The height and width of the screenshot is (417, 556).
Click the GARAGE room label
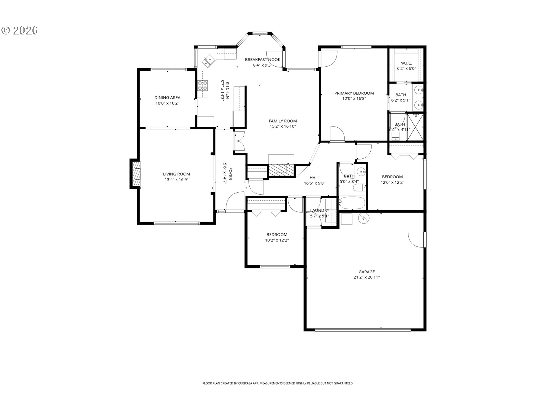tap(367, 272)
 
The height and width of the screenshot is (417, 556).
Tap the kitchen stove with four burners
tap(203, 85)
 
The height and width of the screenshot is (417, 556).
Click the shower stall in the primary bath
tap(415, 127)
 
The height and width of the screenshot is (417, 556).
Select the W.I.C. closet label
tap(406, 63)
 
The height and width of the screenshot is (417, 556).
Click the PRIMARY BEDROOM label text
tap(354, 93)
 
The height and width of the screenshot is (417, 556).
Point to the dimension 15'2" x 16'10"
tap(283, 126)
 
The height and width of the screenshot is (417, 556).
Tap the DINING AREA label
tap(167, 98)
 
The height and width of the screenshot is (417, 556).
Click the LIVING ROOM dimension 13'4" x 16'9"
tap(176, 180)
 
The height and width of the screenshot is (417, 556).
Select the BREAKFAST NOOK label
tap(263, 60)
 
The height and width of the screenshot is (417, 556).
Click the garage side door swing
tap(416, 239)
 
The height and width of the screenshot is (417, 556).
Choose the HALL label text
tap(314, 178)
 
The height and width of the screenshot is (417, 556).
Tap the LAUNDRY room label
tap(319, 211)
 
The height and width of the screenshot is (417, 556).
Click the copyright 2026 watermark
tap(20, 30)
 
